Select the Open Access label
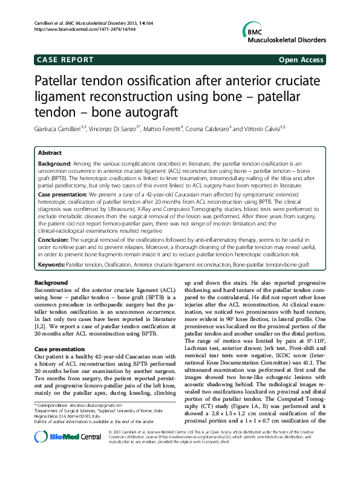(x=302, y=60)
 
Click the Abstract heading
(x=50, y=154)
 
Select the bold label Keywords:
(x=51, y=265)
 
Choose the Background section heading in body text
(x=51, y=283)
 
